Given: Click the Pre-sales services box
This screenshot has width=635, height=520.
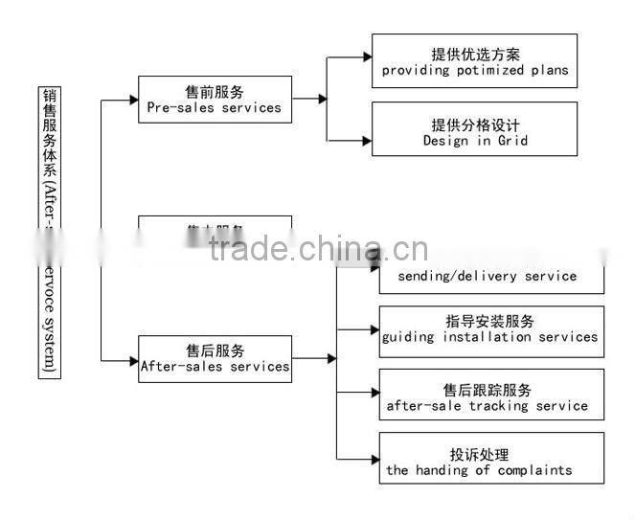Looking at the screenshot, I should [x=215, y=100].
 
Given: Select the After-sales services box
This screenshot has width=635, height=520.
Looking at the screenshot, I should [x=215, y=358].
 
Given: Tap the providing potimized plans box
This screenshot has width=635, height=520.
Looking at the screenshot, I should [x=474, y=61].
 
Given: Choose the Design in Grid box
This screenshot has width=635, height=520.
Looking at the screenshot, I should [x=474, y=129].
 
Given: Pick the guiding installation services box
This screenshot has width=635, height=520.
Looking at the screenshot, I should [x=491, y=330].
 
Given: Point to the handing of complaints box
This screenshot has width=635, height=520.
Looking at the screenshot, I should [x=491, y=458].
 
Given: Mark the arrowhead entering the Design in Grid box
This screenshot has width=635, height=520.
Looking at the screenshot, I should [x=366, y=140].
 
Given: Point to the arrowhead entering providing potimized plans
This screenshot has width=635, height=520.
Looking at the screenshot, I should [x=366, y=58].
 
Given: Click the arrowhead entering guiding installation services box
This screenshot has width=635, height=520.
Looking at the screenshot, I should [x=374, y=328].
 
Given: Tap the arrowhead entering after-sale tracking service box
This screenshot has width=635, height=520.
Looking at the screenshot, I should [x=374, y=393].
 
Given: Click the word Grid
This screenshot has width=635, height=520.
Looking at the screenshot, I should [x=512, y=141].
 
